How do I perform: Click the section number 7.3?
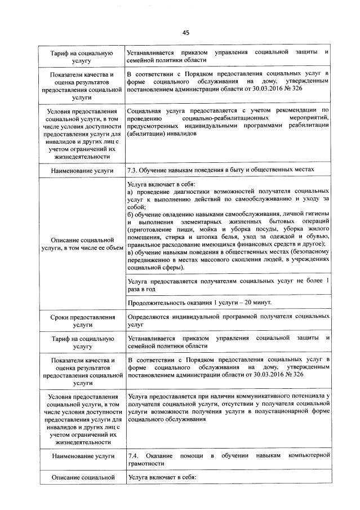pyautogui.click(x=134, y=170)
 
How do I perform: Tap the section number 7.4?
pyautogui.click(x=134, y=455)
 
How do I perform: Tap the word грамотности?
pyautogui.click(x=146, y=463)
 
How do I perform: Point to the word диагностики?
pyautogui.click(x=188, y=193)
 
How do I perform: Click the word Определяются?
pyautogui.click(x=149, y=317)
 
